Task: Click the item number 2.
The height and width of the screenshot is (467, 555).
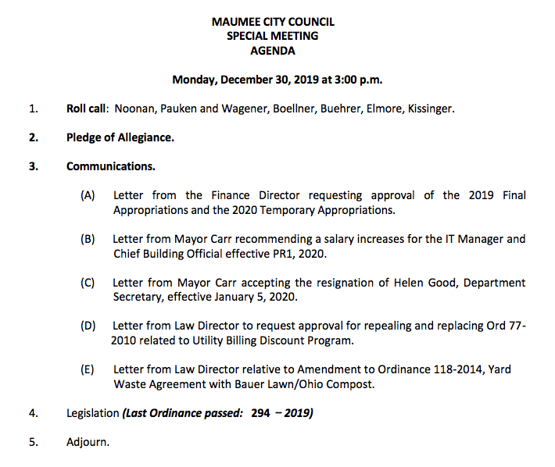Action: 33,137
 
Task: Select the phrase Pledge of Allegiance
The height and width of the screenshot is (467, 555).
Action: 120,137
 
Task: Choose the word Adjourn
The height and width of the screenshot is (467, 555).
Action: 88,442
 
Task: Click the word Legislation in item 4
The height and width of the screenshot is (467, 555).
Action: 92,413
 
